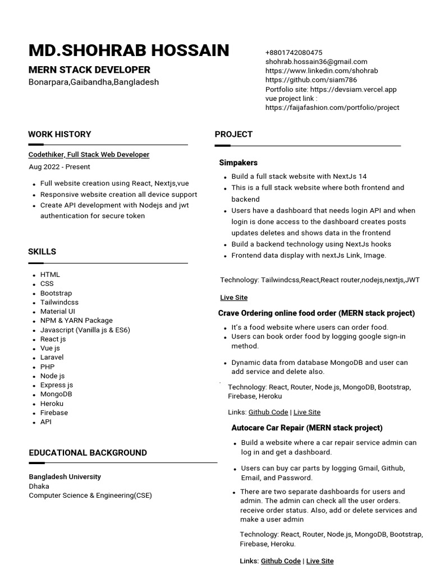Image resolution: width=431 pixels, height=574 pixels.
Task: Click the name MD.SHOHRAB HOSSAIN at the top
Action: click(x=129, y=50)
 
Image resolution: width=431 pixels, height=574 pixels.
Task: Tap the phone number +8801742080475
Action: click(x=294, y=53)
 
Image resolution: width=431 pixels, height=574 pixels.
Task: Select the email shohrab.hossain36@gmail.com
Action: click(x=317, y=62)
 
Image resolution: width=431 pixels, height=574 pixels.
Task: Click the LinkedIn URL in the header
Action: click(x=322, y=71)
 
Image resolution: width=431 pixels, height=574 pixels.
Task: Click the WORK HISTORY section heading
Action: click(x=59, y=134)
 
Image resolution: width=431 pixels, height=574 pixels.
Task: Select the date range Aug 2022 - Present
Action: click(x=59, y=166)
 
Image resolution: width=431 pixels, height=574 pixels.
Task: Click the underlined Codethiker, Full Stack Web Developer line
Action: click(x=89, y=154)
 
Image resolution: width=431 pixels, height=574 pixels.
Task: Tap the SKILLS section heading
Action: click(x=42, y=252)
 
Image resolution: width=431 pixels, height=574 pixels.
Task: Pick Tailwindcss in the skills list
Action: click(x=59, y=302)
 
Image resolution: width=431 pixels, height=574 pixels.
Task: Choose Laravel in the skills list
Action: click(x=52, y=357)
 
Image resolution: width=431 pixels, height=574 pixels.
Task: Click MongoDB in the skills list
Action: click(x=56, y=394)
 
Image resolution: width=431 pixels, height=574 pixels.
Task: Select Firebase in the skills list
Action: click(x=54, y=413)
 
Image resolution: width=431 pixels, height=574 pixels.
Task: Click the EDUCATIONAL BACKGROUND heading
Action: click(x=88, y=452)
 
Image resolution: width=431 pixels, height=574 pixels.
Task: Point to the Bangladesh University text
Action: click(x=65, y=476)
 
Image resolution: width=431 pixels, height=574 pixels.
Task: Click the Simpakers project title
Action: click(x=239, y=163)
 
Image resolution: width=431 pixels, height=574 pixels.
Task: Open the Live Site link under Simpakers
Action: click(x=233, y=297)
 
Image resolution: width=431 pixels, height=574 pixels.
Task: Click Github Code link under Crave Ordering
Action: click(x=268, y=412)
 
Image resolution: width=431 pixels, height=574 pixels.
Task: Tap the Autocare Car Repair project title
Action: click(x=307, y=428)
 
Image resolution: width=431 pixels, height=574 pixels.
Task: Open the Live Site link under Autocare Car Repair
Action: click(x=320, y=561)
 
